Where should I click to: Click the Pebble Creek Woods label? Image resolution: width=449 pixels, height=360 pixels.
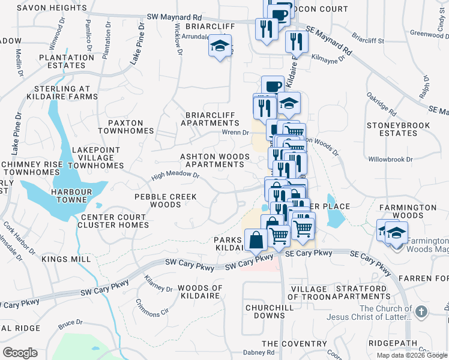click(x=157, y=200)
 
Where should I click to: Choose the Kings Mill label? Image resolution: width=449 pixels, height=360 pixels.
click(x=66, y=259)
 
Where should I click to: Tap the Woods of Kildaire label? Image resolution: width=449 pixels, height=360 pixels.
click(x=200, y=292)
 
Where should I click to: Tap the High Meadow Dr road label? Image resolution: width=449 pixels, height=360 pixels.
click(x=175, y=175)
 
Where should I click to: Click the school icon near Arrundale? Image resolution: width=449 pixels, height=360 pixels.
click(x=220, y=46)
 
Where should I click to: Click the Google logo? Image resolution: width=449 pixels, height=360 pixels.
click(x=20, y=352)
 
